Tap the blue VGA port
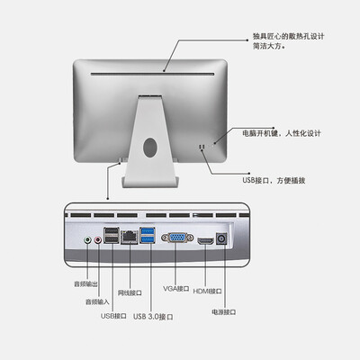coord(177,241)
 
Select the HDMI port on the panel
coord(206,242)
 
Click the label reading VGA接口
coord(176,289)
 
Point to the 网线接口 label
coord(129,292)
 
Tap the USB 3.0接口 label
coord(153,316)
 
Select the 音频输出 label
coord(87,284)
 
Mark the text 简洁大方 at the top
coord(268,49)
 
